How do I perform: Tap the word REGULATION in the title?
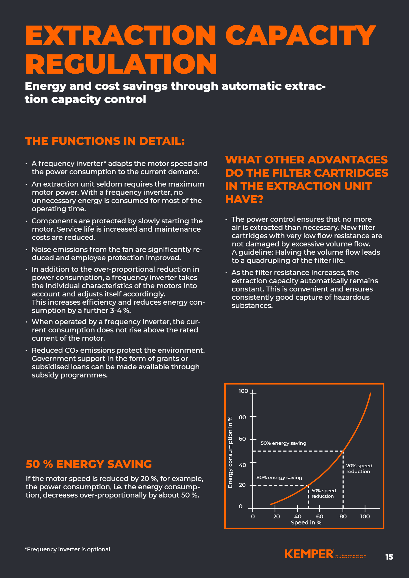pyautogui.click(x=121, y=64)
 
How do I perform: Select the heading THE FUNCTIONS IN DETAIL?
pyautogui.click(x=105, y=141)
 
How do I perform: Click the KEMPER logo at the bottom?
pyautogui.click(x=309, y=554)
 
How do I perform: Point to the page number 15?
pyautogui.click(x=389, y=557)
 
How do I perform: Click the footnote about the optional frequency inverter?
pyautogui.click(x=67, y=549)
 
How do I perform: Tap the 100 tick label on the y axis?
pyautogui.click(x=243, y=391)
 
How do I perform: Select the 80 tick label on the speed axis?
pyautogui.click(x=343, y=516)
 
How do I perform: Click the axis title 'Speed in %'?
pyautogui.click(x=306, y=523)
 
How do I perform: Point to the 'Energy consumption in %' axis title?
pyautogui.click(x=230, y=452)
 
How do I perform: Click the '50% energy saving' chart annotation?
pyautogui.click(x=283, y=443)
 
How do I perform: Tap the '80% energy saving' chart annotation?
pyautogui.click(x=279, y=477)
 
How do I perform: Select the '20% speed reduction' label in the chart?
pyautogui.click(x=359, y=468)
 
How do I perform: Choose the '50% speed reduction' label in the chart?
pyautogui.click(x=323, y=493)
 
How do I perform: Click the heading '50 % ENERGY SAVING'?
pyautogui.click(x=89, y=464)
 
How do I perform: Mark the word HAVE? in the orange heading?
pyautogui.click(x=244, y=199)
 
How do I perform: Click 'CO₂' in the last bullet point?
pyautogui.click(x=71, y=351)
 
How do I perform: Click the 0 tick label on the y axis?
pyautogui.click(x=241, y=506)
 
